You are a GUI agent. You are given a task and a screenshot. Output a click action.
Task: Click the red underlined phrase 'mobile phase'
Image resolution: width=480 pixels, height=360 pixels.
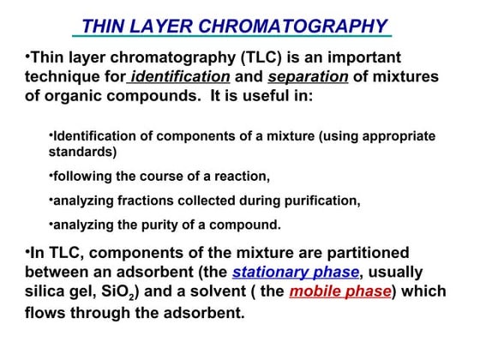(339, 291)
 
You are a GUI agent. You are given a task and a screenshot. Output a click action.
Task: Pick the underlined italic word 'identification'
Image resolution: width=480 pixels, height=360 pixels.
(180, 77)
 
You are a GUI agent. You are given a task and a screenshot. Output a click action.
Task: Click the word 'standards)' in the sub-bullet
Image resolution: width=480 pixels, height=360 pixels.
(82, 153)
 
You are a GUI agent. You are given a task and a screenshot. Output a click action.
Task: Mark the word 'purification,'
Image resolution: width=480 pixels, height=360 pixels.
(320, 201)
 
